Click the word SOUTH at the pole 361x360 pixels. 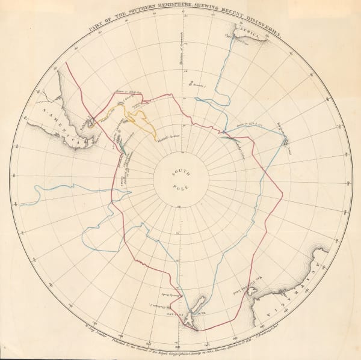coord(180,174)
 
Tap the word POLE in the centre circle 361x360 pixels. coord(180,188)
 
